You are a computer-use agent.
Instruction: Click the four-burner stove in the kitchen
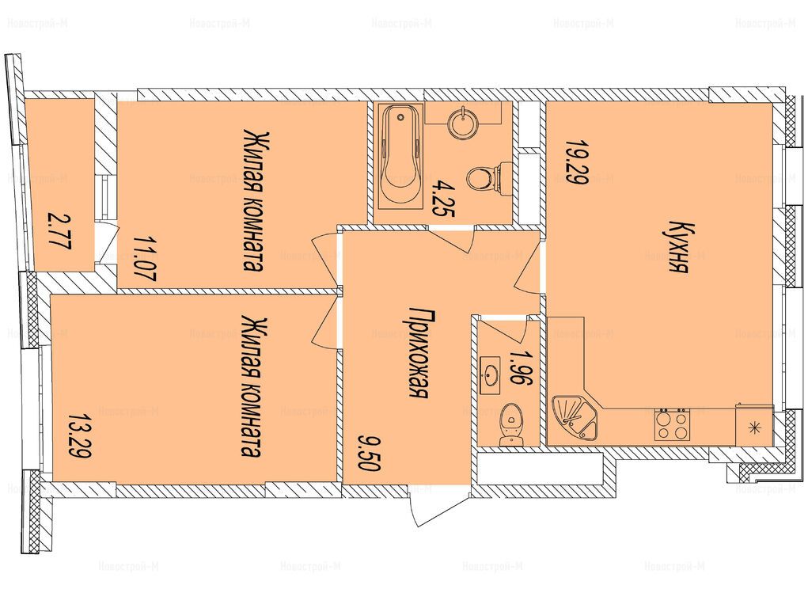[x=672, y=424]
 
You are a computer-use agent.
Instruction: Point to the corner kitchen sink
[x=575, y=418]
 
